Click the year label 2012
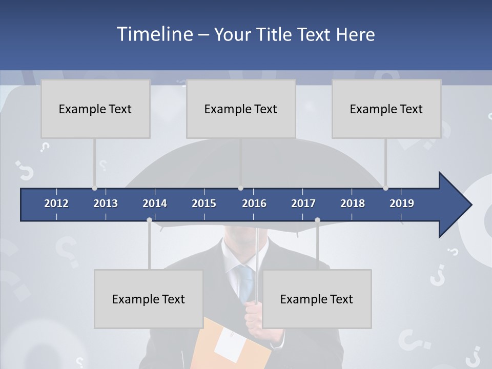click(x=56, y=203)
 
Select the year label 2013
click(x=106, y=203)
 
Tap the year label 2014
click(x=155, y=203)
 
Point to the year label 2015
click(x=204, y=203)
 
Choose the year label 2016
click(x=254, y=203)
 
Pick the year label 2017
click(x=303, y=203)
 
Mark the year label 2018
click(x=353, y=203)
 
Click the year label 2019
click(x=402, y=203)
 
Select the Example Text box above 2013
click(x=95, y=109)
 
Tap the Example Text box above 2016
click(x=241, y=109)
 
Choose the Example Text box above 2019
click(x=386, y=109)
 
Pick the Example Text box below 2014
click(x=149, y=299)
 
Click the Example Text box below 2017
click(x=317, y=299)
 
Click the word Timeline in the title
click(x=154, y=34)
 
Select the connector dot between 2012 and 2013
click(x=94, y=188)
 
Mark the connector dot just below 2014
click(x=149, y=220)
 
